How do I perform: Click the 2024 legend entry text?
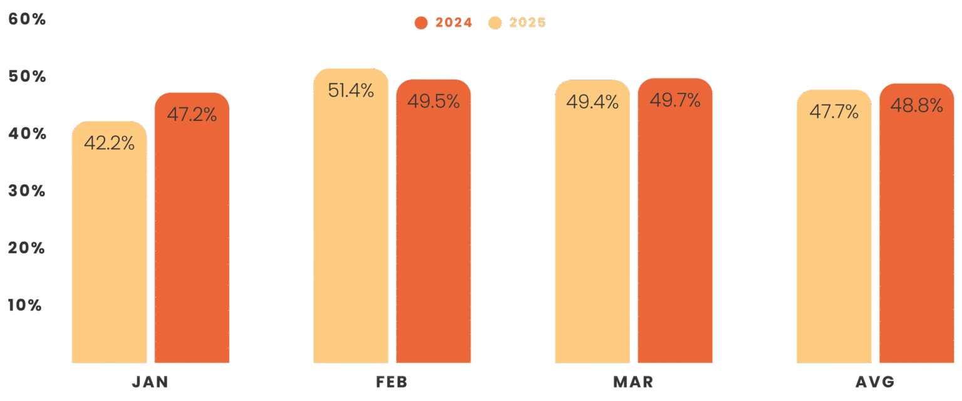click(x=454, y=23)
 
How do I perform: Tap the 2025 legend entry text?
click(x=527, y=23)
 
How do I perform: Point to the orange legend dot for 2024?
click(x=422, y=23)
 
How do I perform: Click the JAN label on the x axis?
click(x=150, y=382)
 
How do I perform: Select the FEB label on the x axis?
click(x=392, y=382)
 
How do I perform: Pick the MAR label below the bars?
click(x=633, y=382)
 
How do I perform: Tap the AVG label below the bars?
click(x=875, y=382)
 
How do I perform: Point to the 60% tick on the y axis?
click(x=27, y=19)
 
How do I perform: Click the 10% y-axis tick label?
click(x=25, y=305)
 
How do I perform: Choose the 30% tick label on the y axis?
click(x=27, y=191)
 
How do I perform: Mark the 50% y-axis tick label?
click(x=27, y=77)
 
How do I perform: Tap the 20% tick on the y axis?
click(x=27, y=248)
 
